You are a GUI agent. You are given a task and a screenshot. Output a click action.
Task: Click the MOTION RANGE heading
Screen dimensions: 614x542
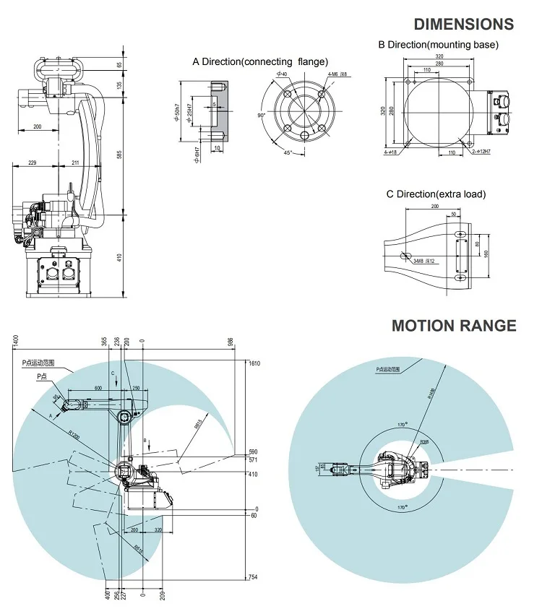point(454,325)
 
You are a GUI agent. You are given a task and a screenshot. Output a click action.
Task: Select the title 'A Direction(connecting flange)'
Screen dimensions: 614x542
point(260,61)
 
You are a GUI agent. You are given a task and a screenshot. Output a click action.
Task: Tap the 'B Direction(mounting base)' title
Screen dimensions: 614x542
point(439,45)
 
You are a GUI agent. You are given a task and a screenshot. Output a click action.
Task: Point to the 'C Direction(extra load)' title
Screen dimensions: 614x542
point(436,194)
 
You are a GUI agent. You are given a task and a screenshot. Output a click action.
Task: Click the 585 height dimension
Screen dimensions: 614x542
point(120,154)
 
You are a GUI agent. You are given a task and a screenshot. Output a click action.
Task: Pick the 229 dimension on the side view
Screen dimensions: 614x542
point(32,163)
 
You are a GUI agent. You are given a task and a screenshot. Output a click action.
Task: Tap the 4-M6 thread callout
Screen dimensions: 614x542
point(337,74)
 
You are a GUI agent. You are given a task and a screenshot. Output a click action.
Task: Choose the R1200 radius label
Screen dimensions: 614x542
point(70,436)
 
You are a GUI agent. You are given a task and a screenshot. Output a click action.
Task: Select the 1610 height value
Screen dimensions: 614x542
point(254,364)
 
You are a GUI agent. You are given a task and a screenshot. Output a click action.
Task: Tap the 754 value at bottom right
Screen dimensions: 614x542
point(253,576)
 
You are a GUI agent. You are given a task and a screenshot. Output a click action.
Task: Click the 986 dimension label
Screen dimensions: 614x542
point(231,341)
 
